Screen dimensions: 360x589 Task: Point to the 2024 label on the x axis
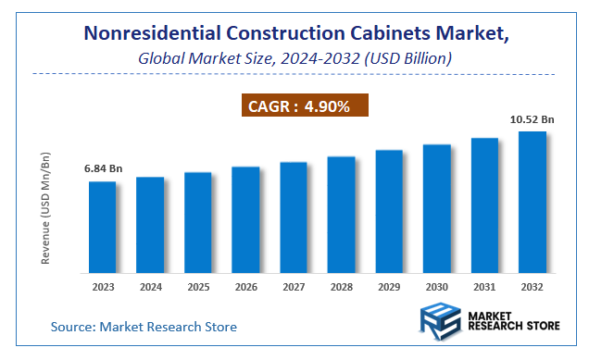[x=151, y=287]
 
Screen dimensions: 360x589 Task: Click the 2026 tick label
[x=245, y=287]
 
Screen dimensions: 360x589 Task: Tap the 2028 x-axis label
[x=341, y=287]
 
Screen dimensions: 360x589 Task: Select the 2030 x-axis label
[x=436, y=287]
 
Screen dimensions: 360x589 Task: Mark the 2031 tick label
[x=484, y=287]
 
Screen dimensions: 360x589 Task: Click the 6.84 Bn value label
[x=103, y=169]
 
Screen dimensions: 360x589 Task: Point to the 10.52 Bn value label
[x=532, y=119]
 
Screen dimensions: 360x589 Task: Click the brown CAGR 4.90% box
[x=307, y=106]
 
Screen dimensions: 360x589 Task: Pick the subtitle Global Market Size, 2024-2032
[x=294, y=58]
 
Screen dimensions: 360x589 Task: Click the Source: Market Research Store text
[x=144, y=327]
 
